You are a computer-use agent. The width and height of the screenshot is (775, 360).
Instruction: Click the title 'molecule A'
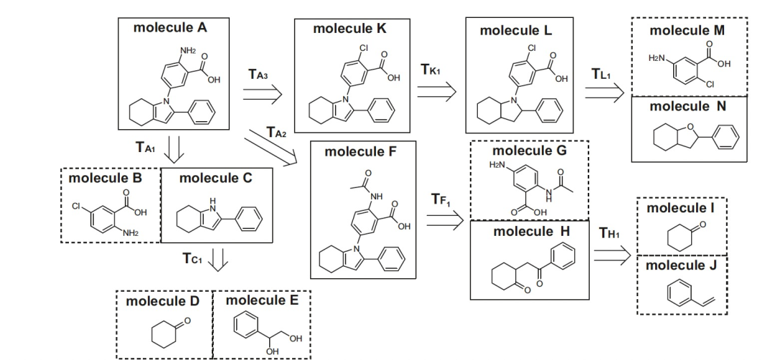pos(170,28)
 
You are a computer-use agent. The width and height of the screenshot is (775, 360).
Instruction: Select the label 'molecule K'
pos(349,29)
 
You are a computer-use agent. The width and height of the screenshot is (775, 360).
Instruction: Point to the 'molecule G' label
pos(529,151)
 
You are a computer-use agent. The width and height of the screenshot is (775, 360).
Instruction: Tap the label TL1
pos(601,74)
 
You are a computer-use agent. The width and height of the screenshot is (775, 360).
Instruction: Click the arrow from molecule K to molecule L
pos(437,90)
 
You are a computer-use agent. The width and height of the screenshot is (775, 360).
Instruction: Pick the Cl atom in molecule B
pos(75,207)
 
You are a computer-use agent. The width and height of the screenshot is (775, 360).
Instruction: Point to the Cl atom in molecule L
pos(531,49)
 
